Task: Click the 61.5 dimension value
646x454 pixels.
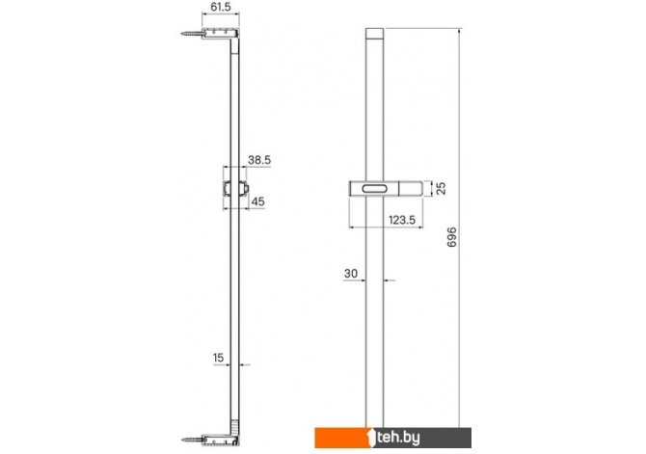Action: coord(221,7)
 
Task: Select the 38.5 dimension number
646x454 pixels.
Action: coord(259,160)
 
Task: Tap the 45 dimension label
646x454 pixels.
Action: coord(257,201)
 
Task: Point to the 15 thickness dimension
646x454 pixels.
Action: coord(218,358)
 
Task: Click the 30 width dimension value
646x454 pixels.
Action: coord(351,274)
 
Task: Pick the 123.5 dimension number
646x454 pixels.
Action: coord(402,220)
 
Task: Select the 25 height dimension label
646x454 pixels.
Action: coord(442,188)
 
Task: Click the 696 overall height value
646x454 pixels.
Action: coord(452,237)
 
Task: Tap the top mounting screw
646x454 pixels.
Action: coord(192,34)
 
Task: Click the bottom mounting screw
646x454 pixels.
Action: coord(193,440)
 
